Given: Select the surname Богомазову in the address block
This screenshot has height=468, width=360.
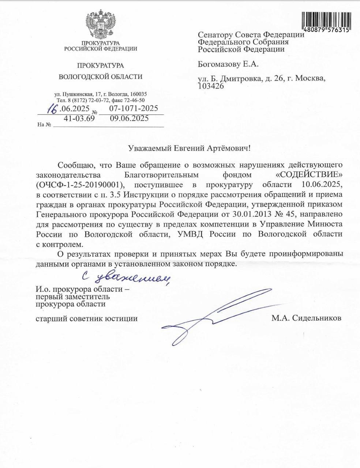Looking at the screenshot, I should pyautogui.click(x=219, y=64).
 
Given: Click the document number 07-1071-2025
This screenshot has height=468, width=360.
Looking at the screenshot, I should pyautogui.click(x=134, y=108).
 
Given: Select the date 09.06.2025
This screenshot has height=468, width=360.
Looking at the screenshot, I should pyautogui.click(x=129, y=118).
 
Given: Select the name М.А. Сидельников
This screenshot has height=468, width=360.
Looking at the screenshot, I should pyautogui.click(x=306, y=318).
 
